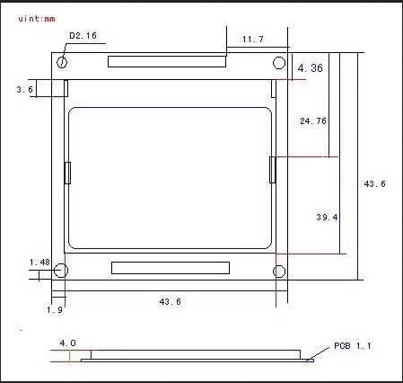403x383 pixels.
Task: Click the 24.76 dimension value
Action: (x=314, y=120)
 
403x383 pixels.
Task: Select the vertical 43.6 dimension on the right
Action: (x=374, y=184)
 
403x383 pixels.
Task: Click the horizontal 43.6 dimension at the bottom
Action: (x=169, y=302)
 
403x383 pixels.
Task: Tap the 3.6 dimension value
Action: (x=25, y=90)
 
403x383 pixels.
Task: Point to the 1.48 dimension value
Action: (x=39, y=263)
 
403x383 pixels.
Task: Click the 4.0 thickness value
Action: (x=67, y=343)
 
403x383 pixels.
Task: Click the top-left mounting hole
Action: (x=63, y=63)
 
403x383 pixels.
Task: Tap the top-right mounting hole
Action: (x=279, y=63)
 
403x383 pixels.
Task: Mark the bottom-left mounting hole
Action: (x=62, y=271)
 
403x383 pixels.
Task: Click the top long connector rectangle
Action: (x=167, y=61)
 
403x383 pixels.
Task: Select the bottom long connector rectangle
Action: (x=170, y=267)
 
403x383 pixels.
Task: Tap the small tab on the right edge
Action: (x=272, y=168)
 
